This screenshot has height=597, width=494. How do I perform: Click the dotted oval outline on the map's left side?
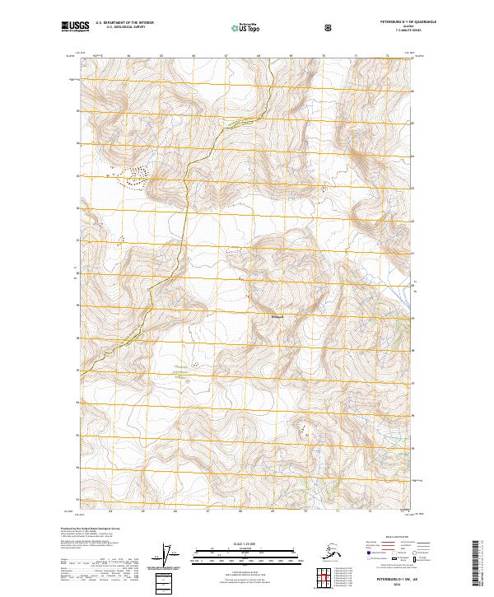click(137, 178)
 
